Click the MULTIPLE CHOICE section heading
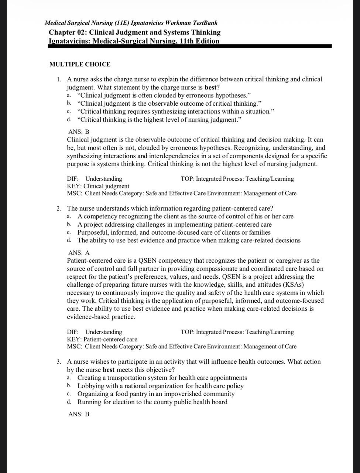(x=80, y=64)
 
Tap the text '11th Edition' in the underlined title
(x=199, y=41)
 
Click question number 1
(x=59, y=79)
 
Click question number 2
(x=59, y=208)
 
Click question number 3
(x=59, y=362)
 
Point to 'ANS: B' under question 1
(x=79, y=132)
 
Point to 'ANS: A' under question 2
(x=79, y=253)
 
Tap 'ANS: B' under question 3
(x=79, y=414)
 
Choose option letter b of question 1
(x=69, y=103)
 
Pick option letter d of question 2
(x=69, y=241)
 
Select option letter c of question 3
(x=69, y=394)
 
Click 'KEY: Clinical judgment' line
(x=98, y=186)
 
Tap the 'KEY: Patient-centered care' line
(x=102, y=339)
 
